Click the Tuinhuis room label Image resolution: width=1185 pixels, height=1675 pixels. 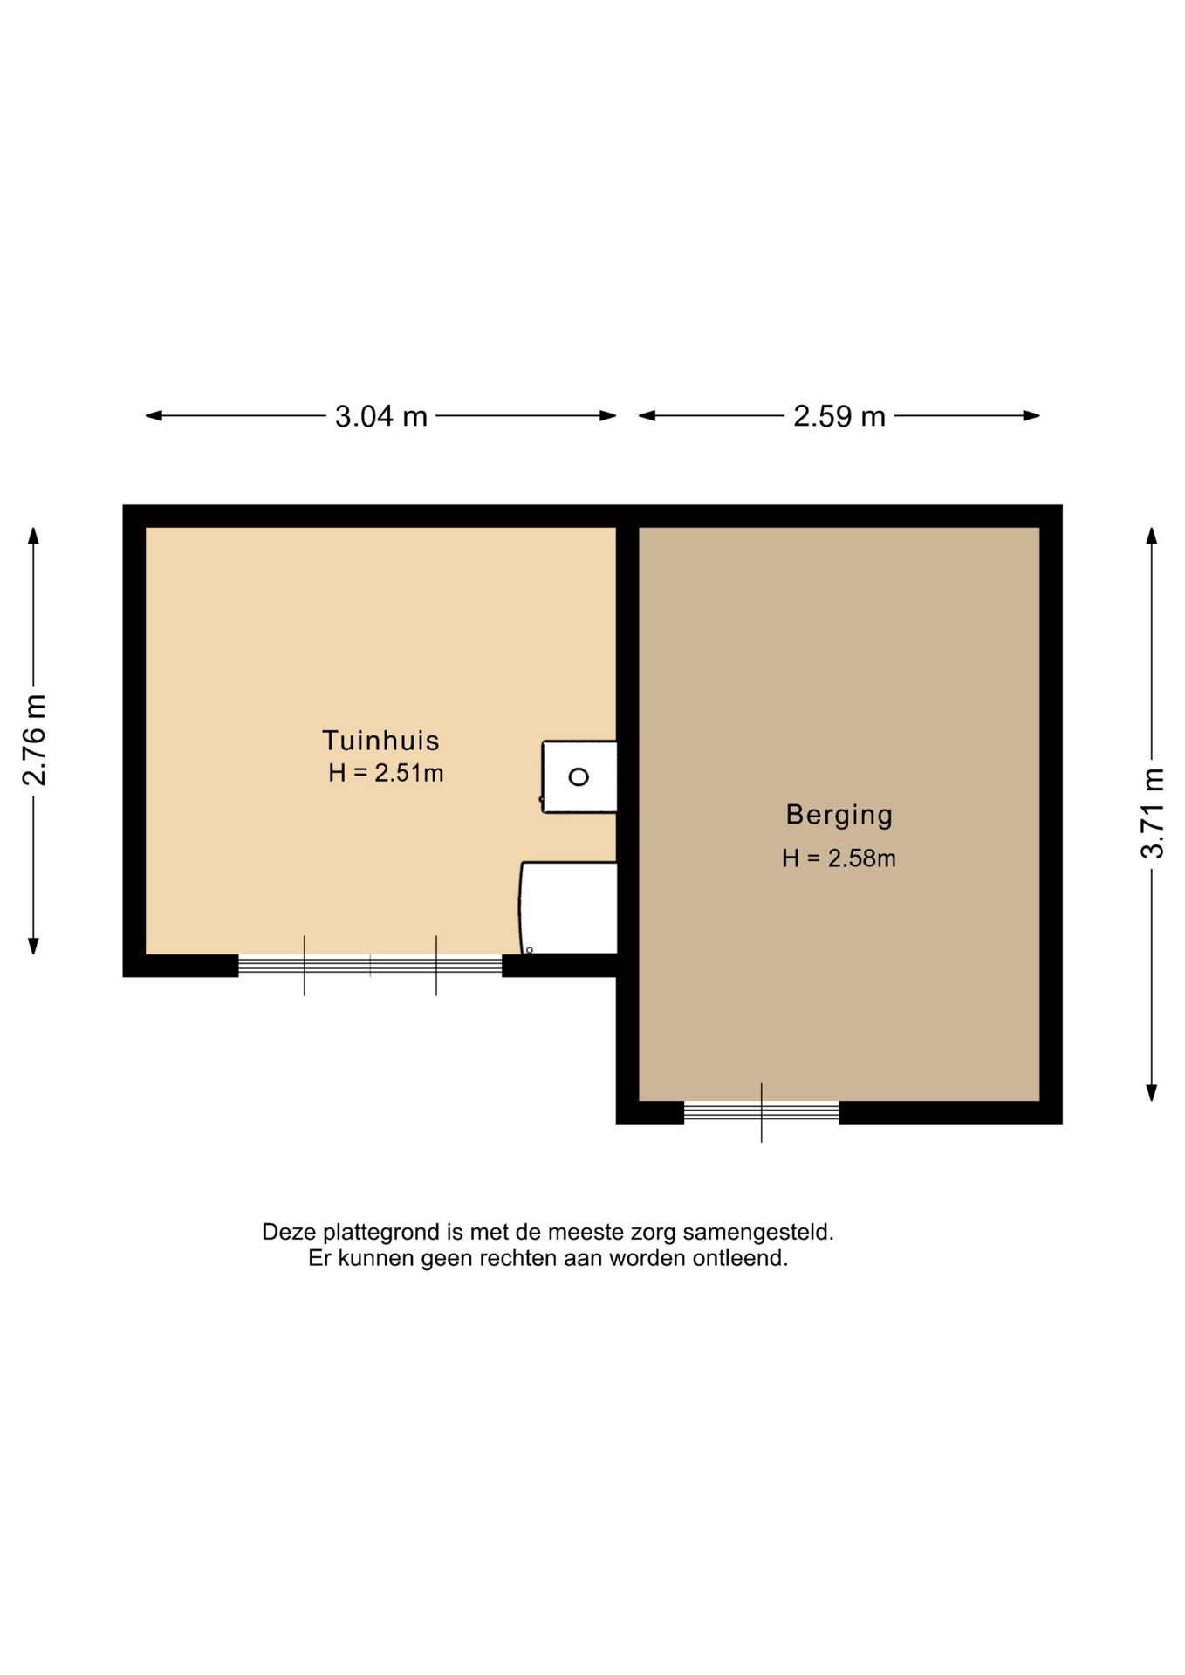click(380, 741)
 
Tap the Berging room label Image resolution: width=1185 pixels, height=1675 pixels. click(839, 816)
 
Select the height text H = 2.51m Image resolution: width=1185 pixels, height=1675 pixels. click(386, 773)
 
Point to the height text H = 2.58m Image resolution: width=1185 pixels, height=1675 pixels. click(839, 858)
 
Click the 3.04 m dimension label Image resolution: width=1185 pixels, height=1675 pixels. click(381, 417)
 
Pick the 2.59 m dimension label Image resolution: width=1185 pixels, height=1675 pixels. click(839, 417)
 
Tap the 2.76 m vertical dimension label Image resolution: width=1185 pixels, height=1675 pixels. click(35, 741)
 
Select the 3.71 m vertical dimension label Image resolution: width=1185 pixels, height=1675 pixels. click(1153, 814)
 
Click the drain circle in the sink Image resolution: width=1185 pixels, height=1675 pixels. click(579, 776)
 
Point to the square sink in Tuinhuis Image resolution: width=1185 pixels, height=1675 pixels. click(579, 776)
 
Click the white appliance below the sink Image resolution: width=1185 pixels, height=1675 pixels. click(569, 908)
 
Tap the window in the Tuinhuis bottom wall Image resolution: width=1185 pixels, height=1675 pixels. click(370, 965)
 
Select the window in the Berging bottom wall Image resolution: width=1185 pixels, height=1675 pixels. click(761, 1112)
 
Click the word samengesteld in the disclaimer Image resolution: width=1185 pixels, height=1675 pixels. click(758, 1234)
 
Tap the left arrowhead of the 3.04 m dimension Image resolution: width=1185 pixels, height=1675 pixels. click(154, 416)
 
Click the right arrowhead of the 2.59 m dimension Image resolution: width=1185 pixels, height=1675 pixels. click(1031, 416)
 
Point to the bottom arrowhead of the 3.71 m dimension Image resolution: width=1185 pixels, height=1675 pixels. click(1152, 1093)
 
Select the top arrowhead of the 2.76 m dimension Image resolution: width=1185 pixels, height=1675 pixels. click(33, 536)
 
